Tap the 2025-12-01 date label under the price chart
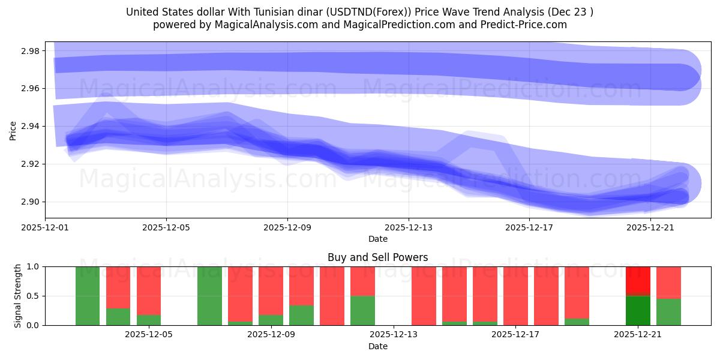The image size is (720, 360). coord(45,227)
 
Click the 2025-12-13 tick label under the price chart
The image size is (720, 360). coord(409,227)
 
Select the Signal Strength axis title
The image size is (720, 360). coord(18,296)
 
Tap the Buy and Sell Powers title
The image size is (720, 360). coord(377,257)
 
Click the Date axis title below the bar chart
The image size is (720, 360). coord(377,346)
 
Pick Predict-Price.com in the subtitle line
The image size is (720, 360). coord(520,25)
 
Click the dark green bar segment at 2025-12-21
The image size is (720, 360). coord(638,310)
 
